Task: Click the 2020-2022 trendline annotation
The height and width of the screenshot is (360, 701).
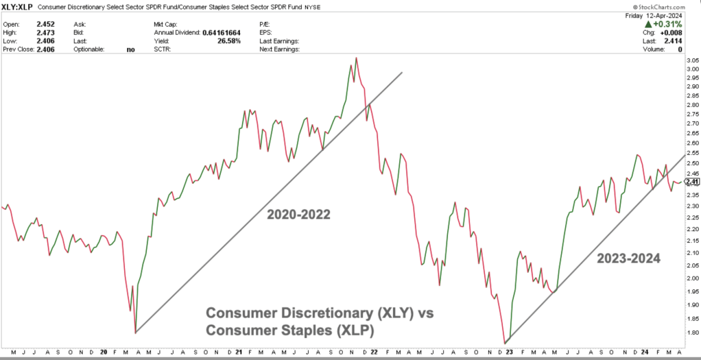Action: (299, 215)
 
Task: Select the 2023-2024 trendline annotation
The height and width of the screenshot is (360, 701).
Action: (628, 259)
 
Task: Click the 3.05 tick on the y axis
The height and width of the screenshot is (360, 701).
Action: (691, 60)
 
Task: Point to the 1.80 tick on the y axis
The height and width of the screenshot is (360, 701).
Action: (691, 333)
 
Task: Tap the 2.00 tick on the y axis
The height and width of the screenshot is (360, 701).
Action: (691, 278)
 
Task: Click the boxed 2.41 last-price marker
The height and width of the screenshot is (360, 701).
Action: (691, 182)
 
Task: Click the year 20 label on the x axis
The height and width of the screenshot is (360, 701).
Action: (103, 351)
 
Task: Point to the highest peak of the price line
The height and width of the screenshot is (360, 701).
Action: (356, 58)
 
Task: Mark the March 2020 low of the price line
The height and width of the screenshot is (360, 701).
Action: (135, 332)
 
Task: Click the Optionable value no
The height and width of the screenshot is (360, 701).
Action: (131, 49)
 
